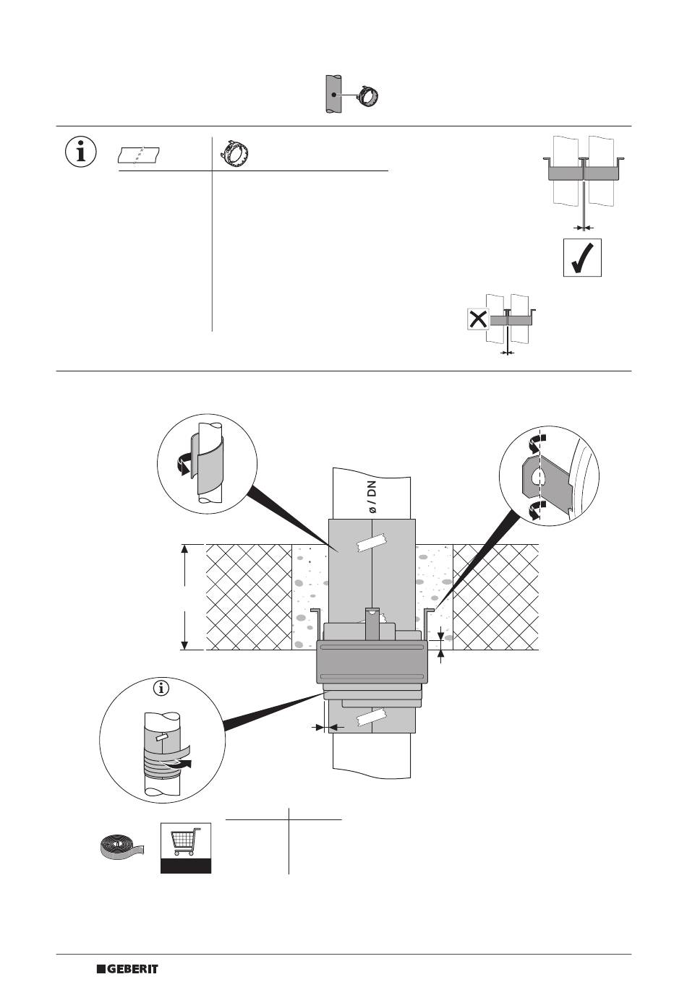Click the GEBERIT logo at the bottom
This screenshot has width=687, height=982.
click(128, 968)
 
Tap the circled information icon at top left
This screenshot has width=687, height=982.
click(82, 152)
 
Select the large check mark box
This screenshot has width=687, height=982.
click(583, 257)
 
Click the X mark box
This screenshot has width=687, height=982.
click(478, 319)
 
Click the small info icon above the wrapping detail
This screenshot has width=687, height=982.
click(161, 687)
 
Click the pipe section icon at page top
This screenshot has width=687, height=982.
click(332, 94)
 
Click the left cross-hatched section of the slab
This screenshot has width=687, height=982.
click(248, 596)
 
